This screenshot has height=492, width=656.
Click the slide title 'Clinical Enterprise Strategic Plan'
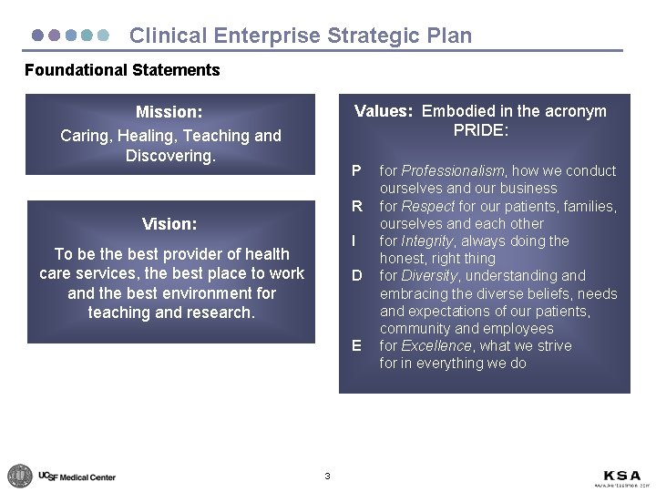[301, 36]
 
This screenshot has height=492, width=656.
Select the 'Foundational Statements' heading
[122, 70]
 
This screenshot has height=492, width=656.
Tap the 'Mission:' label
[169, 112]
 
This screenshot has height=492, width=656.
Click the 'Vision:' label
[169, 223]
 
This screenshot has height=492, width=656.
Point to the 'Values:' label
[384, 111]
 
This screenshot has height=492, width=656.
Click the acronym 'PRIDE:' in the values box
[480, 130]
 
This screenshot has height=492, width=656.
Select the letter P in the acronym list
[356, 170]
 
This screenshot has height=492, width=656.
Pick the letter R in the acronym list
[357, 206]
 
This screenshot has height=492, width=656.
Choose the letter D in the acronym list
[357, 275]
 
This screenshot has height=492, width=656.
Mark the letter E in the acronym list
[356, 345]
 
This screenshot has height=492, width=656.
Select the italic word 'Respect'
[428, 206]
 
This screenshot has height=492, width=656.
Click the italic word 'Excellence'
[436, 345]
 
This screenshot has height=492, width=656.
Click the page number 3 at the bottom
[327, 476]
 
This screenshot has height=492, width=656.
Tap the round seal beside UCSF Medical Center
[19, 476]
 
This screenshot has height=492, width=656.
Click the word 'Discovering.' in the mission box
[170, 156]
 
